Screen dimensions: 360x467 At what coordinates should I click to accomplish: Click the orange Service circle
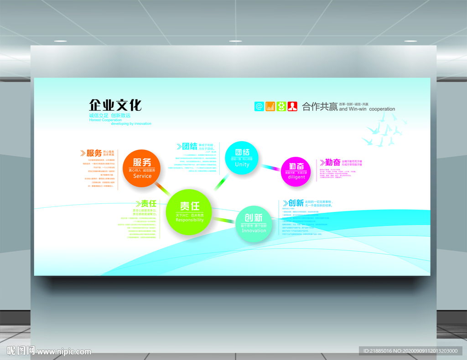coord(142,168)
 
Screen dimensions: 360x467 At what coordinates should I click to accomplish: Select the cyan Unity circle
coord(242,158)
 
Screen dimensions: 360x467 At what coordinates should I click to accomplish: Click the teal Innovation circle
coord(254,223)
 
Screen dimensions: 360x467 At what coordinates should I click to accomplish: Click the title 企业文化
coord(115,105)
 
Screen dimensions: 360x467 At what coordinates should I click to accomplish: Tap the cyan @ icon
coord(259,106)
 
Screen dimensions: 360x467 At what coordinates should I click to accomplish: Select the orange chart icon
coord(270,106)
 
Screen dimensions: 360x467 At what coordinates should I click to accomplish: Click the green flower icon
coord(281,106)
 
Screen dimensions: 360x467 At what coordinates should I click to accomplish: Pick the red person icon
coord(292,106)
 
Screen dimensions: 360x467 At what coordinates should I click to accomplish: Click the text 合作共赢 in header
coord(320,107)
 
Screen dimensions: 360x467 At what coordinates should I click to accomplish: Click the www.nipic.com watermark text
coord(64,351)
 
